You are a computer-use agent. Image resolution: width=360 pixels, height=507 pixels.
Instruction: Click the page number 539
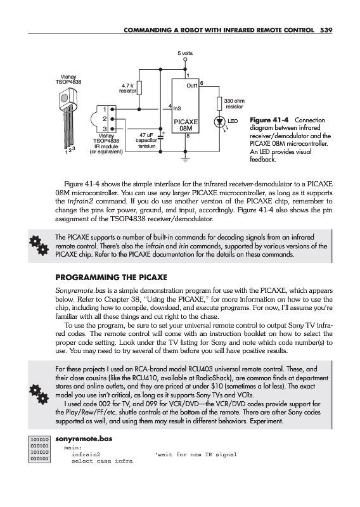pos(326,30)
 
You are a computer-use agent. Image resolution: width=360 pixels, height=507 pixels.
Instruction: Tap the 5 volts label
pos(185,53)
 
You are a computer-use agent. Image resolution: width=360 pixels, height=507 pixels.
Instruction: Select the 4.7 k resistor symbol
pos(139,87)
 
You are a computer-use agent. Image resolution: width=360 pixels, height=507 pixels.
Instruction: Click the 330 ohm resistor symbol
pos(219,103)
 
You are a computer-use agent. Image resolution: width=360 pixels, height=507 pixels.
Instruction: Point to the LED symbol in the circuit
pos(220,122)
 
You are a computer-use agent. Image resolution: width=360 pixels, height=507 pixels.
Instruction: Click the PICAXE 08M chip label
pos(186,125)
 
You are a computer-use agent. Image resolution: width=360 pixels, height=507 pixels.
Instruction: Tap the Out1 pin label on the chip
pos(192,86)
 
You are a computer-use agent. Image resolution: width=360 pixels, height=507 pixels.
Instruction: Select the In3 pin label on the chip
pos(177,108)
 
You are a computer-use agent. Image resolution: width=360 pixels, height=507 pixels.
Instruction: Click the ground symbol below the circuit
pos(185,159)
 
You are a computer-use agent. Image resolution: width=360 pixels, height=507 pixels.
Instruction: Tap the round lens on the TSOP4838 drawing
pos(65,98)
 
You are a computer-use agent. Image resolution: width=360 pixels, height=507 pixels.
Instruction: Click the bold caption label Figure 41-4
pos(269,120)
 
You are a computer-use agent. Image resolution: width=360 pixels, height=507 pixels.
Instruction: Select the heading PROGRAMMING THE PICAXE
pos(112,278)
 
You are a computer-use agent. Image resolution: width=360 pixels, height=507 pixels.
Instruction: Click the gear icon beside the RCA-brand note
pos(39,394)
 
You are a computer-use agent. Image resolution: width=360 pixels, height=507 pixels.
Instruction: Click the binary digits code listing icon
pos(39,449)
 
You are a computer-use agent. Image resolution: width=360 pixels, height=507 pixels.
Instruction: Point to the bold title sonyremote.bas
pos(84,439)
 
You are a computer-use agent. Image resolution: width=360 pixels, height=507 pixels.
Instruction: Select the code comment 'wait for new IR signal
pos(196,454)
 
